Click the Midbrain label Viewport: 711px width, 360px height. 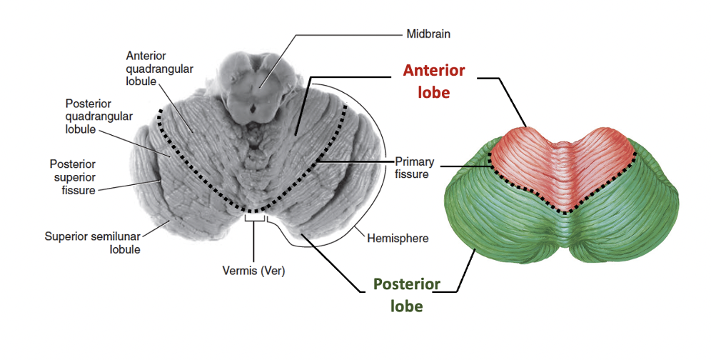428,34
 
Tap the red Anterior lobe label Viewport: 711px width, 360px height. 434,81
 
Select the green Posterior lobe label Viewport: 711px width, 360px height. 406,296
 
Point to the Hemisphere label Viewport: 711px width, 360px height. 398,238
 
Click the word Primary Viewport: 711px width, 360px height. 413,161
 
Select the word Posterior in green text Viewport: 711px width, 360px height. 406,286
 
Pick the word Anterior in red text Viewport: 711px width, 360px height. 434,71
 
